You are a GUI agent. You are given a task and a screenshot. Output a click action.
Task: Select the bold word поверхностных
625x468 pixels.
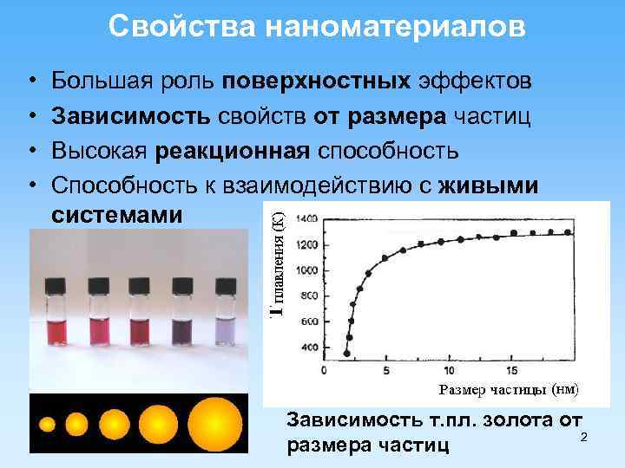tap(316, 81)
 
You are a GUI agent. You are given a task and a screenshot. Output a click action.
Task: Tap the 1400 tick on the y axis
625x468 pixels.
tap(306, 220)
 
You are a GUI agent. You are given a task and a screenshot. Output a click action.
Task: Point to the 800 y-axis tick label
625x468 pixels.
tap(307, 296)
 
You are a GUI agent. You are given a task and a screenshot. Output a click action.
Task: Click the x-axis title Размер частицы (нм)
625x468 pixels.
tap(509, 389)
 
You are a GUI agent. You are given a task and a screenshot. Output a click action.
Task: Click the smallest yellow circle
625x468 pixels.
tap(48, 426)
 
